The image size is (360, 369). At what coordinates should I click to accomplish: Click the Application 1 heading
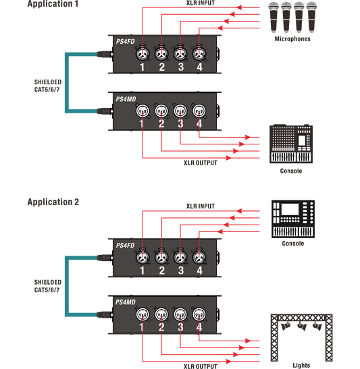coord(53,4)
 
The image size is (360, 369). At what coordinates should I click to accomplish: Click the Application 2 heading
coord(53,202)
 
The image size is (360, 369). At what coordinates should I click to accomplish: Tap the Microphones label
coord(292,39)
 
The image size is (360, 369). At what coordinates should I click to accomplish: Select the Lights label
coord(301,365)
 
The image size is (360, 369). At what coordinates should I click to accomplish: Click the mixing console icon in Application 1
coord(291,144)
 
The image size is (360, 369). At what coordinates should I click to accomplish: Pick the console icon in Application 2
coord(293,219)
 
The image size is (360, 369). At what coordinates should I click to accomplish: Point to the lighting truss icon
coord(301,337)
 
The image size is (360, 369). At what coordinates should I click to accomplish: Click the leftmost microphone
coord(274,17)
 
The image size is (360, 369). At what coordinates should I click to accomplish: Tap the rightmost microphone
coord(311,17)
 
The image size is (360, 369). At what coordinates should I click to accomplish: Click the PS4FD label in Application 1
coord(126,42)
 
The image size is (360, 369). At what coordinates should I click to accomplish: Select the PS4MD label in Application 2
coord(126,302)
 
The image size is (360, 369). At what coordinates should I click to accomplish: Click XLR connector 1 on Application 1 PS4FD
coord(143,53)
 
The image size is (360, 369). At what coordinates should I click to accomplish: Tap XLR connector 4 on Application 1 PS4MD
coord(199,111)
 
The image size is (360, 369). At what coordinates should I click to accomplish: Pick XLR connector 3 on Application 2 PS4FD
coord(180,257)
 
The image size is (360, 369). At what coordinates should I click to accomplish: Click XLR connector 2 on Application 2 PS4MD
coord(161,314)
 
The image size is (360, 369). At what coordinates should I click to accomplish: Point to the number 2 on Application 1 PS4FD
coord(161,67)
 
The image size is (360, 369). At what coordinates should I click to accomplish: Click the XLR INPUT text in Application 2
coord(201,206)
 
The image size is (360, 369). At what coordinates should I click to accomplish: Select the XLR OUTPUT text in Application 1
coord(201,163)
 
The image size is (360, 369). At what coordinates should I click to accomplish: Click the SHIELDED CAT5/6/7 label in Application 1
coord(48,86)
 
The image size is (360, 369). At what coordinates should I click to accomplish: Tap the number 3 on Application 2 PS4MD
coord(180,327)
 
